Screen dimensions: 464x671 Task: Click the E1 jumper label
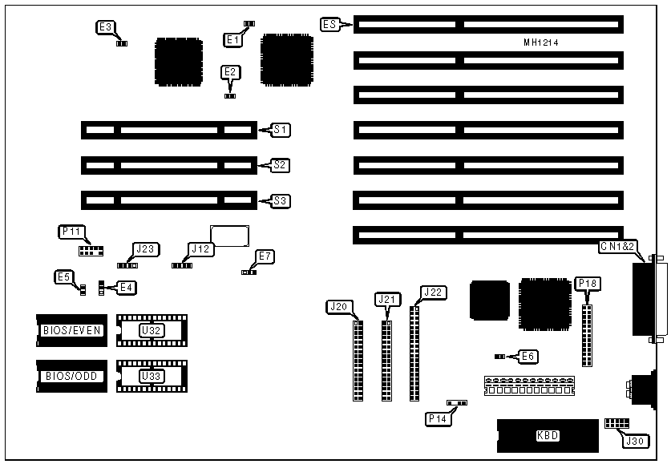[232, 38]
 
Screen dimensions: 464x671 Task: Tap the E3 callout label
[105, 27]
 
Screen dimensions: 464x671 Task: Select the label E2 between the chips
[230, 72]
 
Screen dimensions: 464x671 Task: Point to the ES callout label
[329, 25]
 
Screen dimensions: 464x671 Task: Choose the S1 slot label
[281, 129]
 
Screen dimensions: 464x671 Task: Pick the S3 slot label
[281, 200]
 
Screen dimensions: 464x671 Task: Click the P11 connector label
[71, 232]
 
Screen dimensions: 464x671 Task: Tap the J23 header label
[145, 249]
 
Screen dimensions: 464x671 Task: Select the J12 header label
[200, 249]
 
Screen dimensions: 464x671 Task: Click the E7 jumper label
[265, 256]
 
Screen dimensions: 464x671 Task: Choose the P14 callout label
[437, 418]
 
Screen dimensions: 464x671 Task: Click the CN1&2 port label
[620, 247]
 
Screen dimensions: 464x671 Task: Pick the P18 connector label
[586, 283]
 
